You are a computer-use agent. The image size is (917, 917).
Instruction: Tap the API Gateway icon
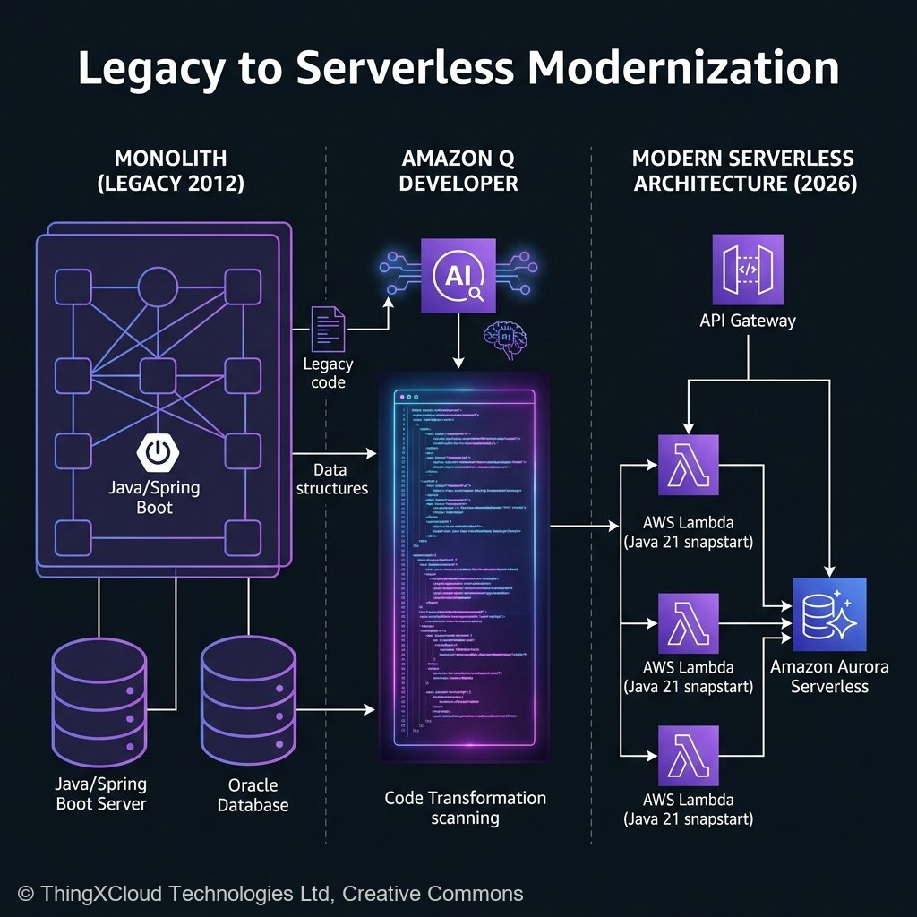748,270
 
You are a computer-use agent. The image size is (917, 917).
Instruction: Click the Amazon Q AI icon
458,275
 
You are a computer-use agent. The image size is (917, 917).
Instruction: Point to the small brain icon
501,340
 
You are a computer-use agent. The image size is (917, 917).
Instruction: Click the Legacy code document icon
328,328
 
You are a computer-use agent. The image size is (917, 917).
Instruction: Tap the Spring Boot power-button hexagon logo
156,452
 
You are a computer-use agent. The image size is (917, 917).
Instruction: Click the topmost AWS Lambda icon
688,465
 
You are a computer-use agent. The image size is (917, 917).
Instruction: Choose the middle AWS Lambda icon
688,623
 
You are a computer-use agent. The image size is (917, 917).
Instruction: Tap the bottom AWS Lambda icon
688,756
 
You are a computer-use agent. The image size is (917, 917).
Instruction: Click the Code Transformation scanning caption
465,808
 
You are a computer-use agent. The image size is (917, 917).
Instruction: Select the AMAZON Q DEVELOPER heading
458,171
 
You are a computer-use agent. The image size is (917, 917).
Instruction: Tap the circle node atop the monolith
157,285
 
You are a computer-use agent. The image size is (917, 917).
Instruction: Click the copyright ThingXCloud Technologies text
270,893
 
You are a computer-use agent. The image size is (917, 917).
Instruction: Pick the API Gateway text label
748,321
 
